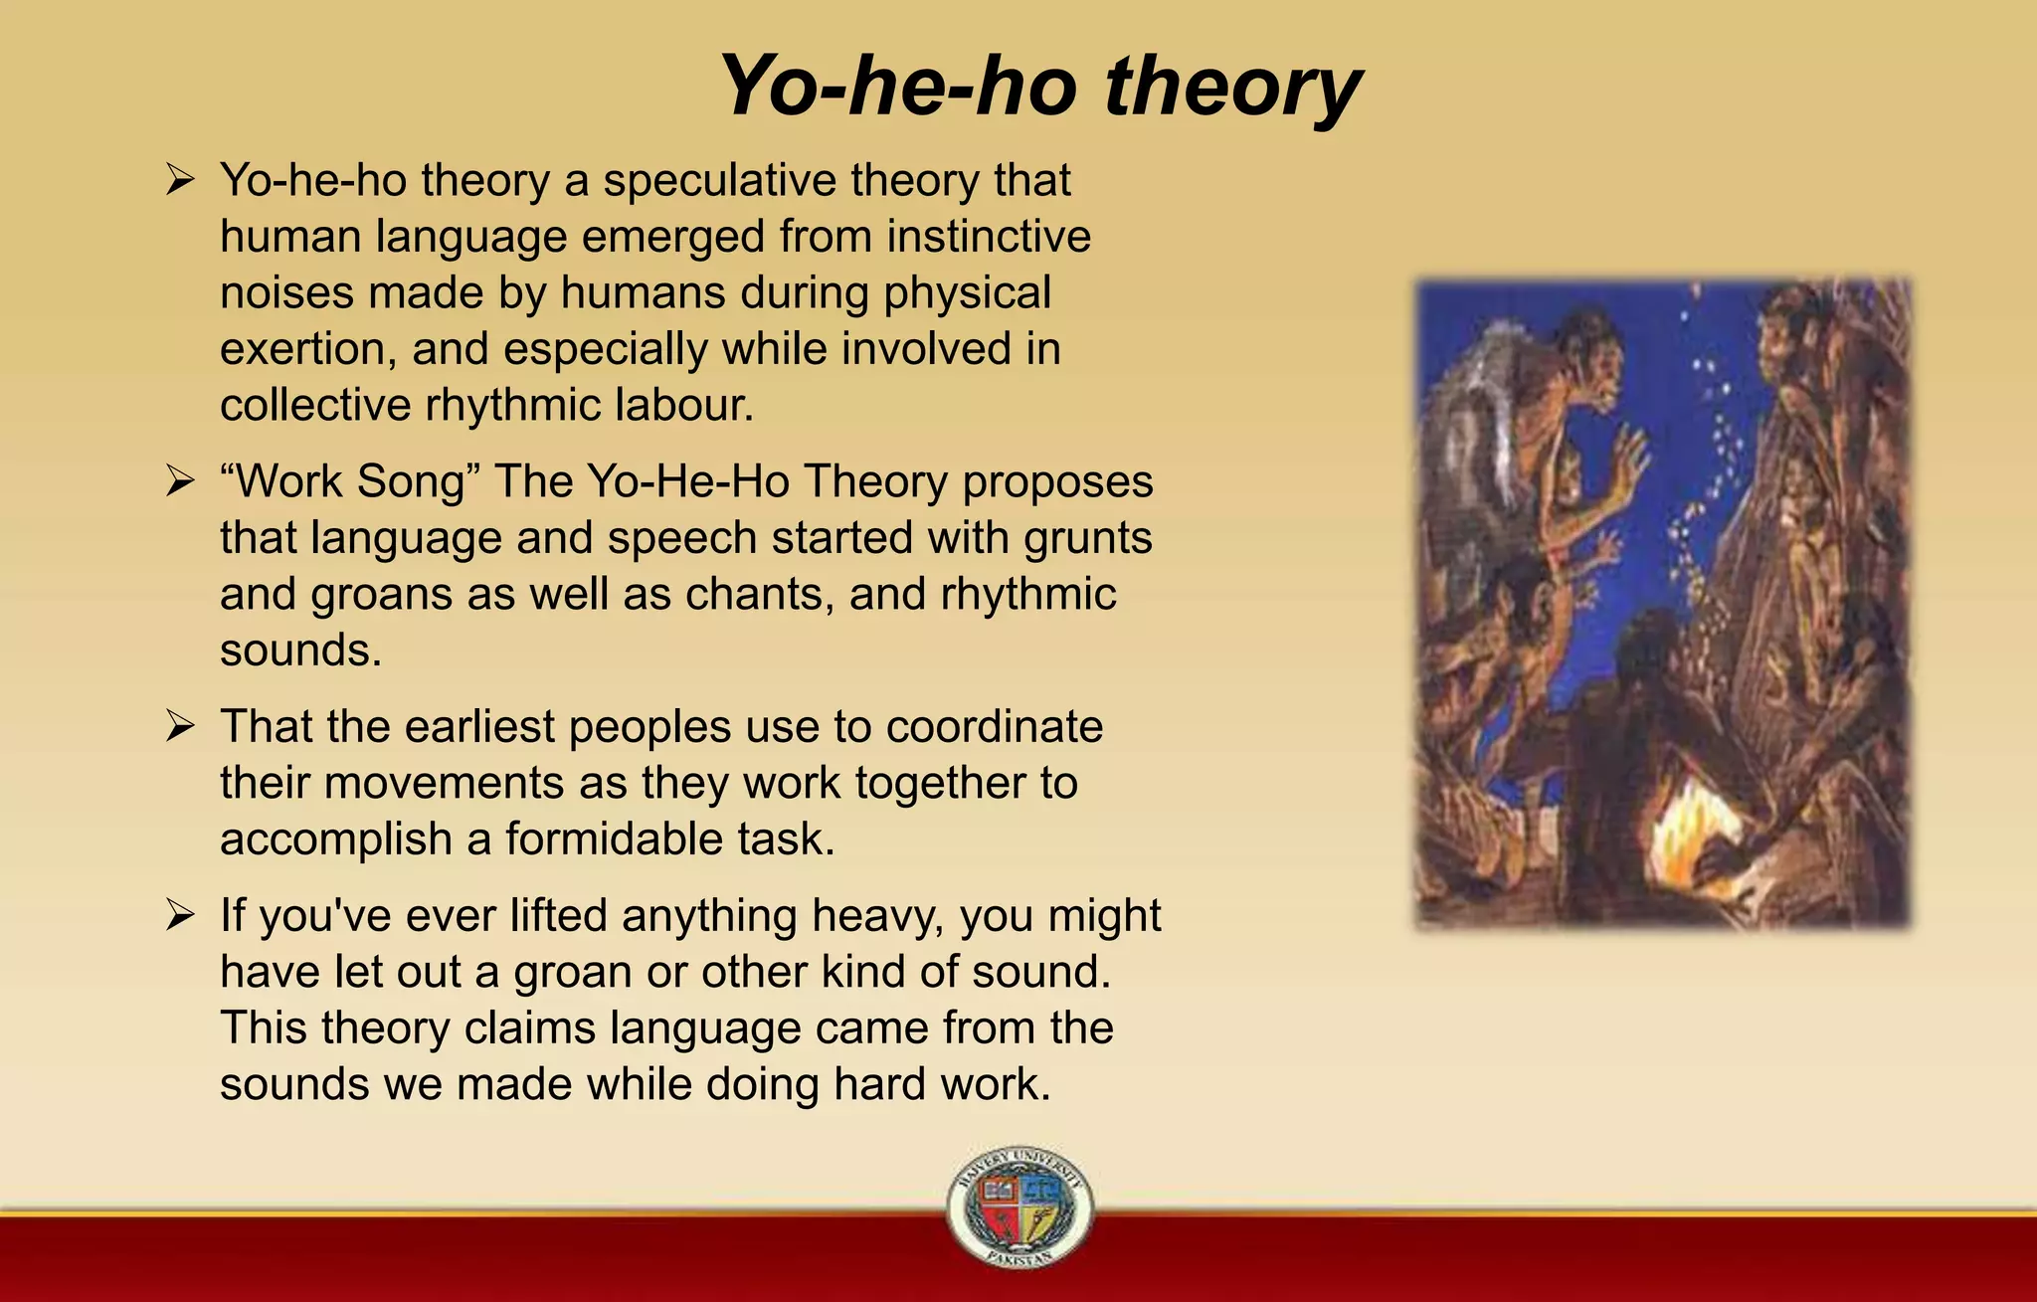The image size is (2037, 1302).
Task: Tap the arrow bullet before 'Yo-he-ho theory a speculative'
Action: click(180, 181)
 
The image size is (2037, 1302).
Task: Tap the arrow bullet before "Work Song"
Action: click(180, 482)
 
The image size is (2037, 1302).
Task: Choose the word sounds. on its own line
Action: click(300, 651)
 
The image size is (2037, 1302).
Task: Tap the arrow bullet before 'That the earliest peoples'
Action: click(180, 727)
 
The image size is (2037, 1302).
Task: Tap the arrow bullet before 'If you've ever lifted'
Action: click(180, 915)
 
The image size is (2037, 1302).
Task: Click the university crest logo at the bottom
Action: click(1019, 1207)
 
